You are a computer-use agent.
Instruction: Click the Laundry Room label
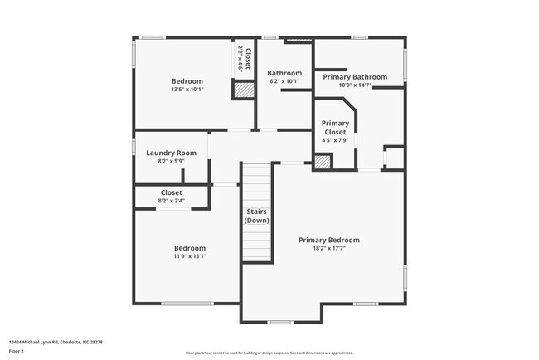tap(171, 153)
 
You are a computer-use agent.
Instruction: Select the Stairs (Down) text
tap(257, 216)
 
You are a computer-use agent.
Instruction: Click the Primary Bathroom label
tap(355, 77)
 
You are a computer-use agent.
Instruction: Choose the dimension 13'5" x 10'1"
tap(187, 89)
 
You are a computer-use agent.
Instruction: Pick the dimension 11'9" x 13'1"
tap(189, 256)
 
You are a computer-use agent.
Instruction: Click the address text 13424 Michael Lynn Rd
tap(57, 342)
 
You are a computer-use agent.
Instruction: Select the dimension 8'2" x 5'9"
tap(171, 161)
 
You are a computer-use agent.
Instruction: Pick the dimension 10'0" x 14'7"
tap(355, 85)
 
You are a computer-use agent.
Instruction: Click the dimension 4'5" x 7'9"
tap(335, 140)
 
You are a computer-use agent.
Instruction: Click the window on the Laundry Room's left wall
tap(134, 146)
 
